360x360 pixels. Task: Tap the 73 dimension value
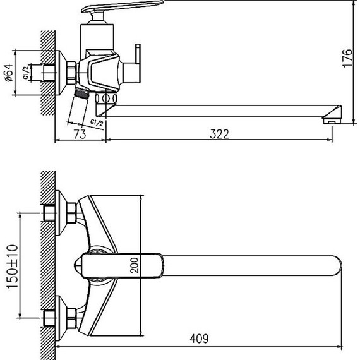(79, 133)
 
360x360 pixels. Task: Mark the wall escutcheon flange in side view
(66, 70)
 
